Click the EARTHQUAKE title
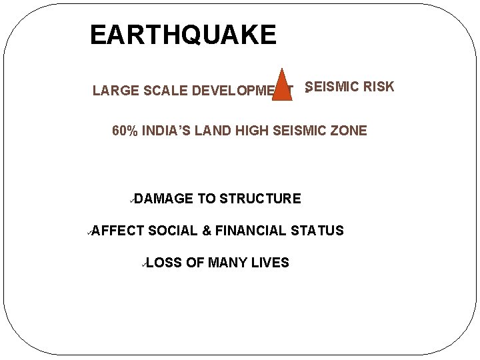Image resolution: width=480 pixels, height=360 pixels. point(183,35)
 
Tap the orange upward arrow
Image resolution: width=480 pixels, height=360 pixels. point(283,85)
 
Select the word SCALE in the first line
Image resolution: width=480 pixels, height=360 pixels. point(165,91)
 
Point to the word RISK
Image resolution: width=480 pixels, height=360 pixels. point(378,87)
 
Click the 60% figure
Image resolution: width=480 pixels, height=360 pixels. point(125,131)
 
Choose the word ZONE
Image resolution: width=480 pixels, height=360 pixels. point(349,131)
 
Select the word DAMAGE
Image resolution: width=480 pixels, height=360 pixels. point(167,199)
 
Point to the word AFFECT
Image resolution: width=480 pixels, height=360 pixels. point(117,231)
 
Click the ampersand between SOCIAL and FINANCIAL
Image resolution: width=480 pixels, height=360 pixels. point(207,231)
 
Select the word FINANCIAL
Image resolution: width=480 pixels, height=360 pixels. point(251,231)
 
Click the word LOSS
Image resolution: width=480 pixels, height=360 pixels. point(163,263)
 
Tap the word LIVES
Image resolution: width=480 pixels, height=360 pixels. point(270,263)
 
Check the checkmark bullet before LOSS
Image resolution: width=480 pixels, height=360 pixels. point(143,263)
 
